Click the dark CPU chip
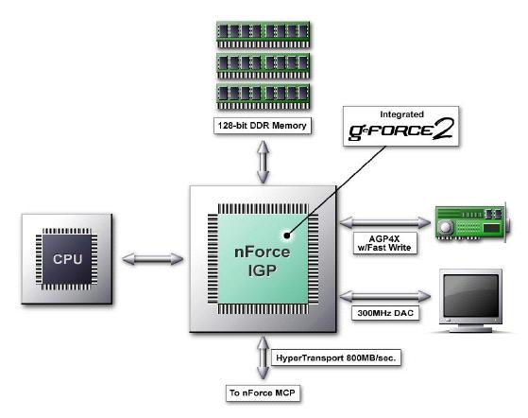coord(67,259)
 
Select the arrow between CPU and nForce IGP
coord(152,259)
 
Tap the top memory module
coord(263,35)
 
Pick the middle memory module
coord(263,66)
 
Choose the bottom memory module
coord(263,97)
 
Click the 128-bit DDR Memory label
coord(263,126)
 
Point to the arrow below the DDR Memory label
coord(263,162)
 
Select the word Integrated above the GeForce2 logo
coord(401,114)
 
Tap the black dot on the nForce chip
coord(286,235)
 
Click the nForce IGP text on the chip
coord(262,261)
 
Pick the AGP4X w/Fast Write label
coord(384,243)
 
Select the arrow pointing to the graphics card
coord(385,222)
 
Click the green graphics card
coord(472,222)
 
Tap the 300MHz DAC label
coord(385,313)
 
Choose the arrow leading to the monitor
coord(385,296)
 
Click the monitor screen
coord(470,295)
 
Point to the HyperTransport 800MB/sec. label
coord(335,357)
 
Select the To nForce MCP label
coord(263,393)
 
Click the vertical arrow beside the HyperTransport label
coord(263,357)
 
